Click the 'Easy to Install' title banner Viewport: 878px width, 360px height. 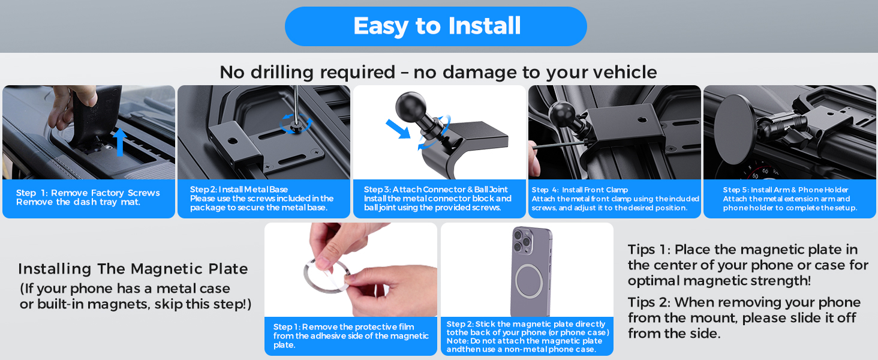click(436, 26)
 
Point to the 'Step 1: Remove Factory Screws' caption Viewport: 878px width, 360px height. click(88, 193)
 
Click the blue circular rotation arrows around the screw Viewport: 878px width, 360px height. click(296, 123)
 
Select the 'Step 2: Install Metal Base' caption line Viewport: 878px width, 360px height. click(239, 190)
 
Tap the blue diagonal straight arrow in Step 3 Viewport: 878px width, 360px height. click(398, 129)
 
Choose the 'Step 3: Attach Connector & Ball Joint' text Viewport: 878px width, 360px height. click(435, 190)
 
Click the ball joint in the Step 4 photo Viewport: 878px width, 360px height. click(562, 113)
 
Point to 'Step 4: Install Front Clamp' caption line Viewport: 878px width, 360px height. click(580, 190)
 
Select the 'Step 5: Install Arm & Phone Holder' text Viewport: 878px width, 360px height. click(786, 190)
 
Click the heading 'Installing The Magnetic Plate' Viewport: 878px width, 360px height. click(133, 269)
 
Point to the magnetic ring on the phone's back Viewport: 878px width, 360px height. click(529, 281)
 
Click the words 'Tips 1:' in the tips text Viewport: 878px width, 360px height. click(649, 250)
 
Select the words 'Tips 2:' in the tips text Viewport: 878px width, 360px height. click(649, 303)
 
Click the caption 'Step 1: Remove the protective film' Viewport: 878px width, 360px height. click(344, 327)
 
